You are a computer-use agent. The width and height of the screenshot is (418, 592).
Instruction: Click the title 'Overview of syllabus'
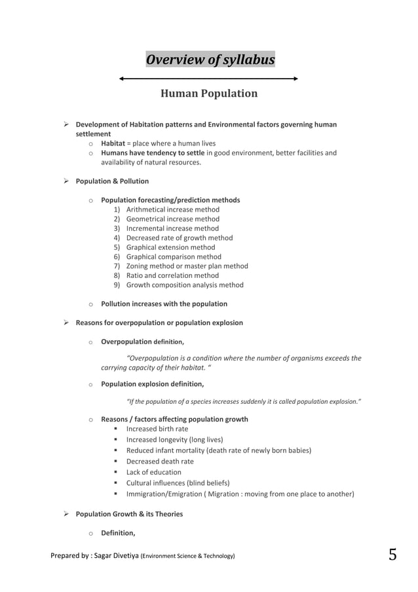coord(210,60)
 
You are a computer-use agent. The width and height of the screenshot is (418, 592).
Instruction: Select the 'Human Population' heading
coord(209,94)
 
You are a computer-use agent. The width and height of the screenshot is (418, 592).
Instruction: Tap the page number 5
coord(392,555)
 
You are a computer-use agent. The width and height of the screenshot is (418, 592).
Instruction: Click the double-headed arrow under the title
coord(209,79)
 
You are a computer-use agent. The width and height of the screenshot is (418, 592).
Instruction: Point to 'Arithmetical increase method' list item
coord(172,210)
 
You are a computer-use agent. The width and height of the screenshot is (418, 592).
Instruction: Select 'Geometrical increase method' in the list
coord(172,219)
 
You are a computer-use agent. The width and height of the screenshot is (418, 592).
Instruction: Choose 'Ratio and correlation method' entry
coord(172,276)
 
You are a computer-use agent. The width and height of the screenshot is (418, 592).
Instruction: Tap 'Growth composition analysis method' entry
coord(184,285)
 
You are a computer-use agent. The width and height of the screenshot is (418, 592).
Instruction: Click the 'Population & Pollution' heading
coord(112,181)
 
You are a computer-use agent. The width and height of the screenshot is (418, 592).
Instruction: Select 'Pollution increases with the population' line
coord(164,304)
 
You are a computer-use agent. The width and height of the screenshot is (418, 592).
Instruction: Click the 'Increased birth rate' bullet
coord(157,429)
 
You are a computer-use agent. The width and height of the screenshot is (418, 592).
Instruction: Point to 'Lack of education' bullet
coord(153,472)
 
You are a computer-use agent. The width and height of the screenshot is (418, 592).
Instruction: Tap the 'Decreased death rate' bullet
coord(160,462)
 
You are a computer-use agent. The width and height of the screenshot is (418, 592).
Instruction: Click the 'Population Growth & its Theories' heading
coord(129,514)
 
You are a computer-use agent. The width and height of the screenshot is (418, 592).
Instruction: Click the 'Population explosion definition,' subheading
coord(152,384)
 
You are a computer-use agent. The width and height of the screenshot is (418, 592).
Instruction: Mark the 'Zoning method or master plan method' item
coord(187,266)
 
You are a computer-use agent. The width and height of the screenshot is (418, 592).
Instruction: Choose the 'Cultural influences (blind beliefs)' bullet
coord(178,483)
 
